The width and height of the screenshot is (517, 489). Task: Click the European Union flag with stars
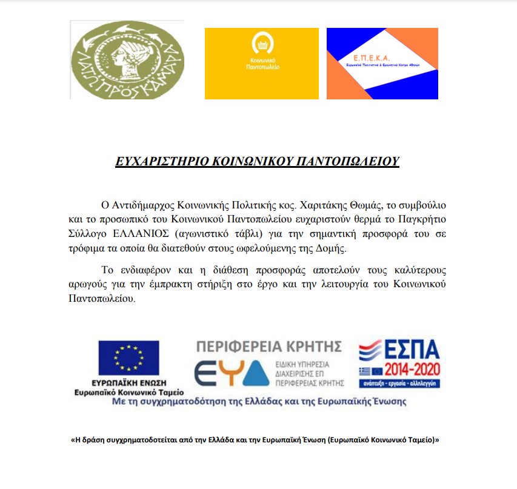128,358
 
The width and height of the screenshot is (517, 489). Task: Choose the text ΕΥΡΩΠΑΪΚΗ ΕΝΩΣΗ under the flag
128,384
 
